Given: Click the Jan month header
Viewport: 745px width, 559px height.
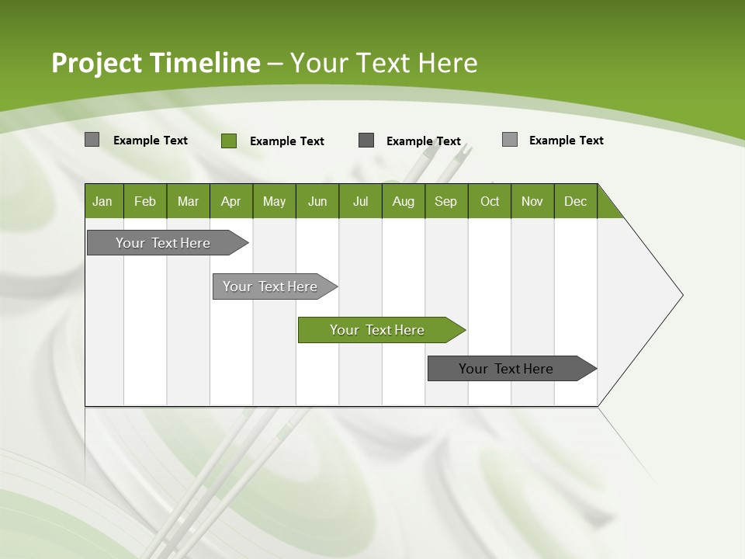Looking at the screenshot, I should click(102, 201).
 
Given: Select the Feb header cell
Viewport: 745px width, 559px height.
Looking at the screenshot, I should click(145, 201).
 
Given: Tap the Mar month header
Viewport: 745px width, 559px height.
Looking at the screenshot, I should click(188, 201).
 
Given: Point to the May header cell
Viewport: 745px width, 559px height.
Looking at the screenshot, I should click(274, 201).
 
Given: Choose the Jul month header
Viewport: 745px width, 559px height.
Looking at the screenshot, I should click(360, 201).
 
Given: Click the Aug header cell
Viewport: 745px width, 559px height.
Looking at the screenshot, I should click(403, 201).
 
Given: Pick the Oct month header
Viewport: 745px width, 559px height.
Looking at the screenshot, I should click(490, 201).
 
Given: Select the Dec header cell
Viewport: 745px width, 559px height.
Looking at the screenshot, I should click(575, 201).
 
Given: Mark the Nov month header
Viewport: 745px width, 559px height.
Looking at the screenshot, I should click(532, 201).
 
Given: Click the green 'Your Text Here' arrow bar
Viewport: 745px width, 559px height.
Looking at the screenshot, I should click(378, 330).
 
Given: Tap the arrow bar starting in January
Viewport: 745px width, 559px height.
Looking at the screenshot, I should click(164, 243).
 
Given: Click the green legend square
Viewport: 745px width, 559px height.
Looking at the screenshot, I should click(229, 141).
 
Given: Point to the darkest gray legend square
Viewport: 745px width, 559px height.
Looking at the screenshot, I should click(366, 141).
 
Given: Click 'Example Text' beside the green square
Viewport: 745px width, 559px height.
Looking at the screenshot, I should click(286, 141).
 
